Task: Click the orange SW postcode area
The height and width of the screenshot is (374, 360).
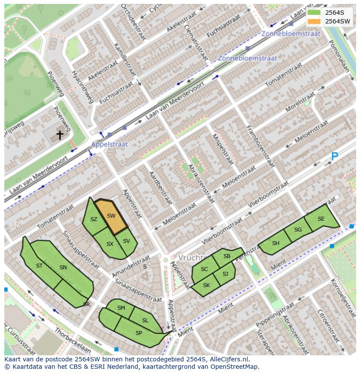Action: (x=111, y=216)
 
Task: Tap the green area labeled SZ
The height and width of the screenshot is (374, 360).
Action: (x=94, y=219)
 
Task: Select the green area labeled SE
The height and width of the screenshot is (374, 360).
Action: (x=321, y=219)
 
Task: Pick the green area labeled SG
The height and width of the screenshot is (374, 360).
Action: (x=298, y=230)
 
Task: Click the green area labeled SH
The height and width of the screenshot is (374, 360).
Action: (x=276, y=243)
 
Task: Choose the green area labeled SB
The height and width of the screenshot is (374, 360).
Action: (x=227, y=256)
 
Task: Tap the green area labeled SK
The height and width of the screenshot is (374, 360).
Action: (x=207, y=285)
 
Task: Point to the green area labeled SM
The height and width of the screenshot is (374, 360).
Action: (x=121, y=308)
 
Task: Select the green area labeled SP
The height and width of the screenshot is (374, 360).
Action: (x=139, y=333)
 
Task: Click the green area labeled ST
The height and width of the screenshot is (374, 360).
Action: (x=40, y=266)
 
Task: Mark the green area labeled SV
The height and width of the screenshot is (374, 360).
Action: (x=127, y=241)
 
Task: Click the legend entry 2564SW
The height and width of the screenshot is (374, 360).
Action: (x=337, y=21)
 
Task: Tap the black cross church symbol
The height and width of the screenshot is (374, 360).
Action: (x=60, y=135)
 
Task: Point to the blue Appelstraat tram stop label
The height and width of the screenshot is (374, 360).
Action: (x=110, y=144)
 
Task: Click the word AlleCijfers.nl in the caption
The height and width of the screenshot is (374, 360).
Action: (x=230, y=359)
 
